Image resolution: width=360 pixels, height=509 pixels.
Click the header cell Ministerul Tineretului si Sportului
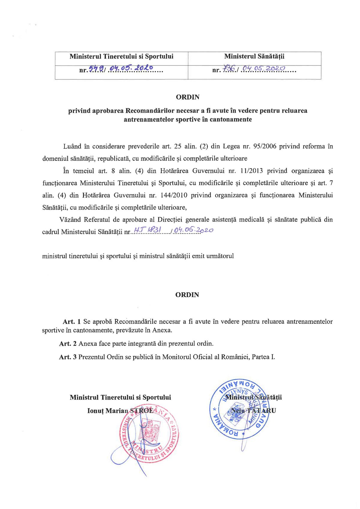(121, 56)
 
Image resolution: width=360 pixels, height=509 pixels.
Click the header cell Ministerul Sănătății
(254, 56)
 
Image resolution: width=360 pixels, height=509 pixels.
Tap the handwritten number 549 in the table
(96, 69)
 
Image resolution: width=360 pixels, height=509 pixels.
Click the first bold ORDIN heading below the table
(187, 97)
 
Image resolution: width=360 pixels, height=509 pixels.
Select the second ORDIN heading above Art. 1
(187, 295)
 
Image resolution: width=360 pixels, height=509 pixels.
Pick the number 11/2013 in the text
(251, 171)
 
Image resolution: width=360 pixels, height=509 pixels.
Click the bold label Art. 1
(71, 322)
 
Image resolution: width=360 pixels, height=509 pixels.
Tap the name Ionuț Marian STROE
(120, 411)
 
